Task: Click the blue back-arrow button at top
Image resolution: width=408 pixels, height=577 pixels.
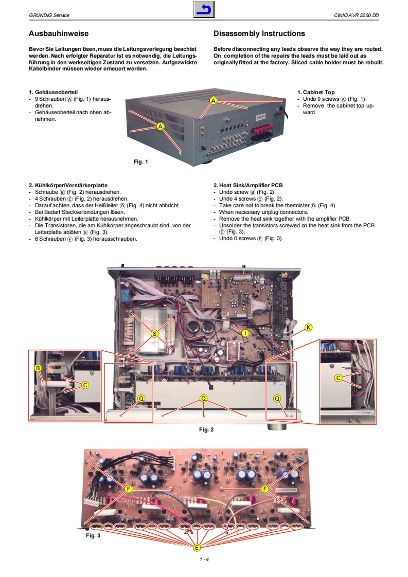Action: (x=204, y=10)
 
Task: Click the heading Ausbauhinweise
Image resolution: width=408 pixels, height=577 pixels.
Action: (x=59, y=34)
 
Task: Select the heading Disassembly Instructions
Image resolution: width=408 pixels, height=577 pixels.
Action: (x=259, y=34)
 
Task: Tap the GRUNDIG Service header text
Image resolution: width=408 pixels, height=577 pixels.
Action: (x=49, y=16)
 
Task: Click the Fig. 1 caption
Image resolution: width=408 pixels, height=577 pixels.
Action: (x=140, y=162)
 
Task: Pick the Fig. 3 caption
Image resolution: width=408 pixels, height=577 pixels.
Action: (x=93, y=535)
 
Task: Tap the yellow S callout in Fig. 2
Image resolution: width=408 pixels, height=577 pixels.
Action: (x=154, y=333)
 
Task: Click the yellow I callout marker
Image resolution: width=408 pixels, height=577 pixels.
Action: (x=245, y=333)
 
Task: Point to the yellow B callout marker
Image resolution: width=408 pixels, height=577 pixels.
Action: (x=38, y=368)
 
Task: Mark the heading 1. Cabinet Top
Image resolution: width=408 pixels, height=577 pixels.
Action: (x=315, y=93)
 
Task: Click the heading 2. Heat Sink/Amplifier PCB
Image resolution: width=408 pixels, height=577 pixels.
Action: (x=248, y=185)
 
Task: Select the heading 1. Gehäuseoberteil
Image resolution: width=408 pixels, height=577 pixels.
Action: (x=54, y=93)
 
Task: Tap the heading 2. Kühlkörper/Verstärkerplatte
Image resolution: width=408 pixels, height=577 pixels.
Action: (x=68, y=185)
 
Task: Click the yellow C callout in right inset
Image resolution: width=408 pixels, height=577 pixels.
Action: (x=338, y=378)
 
